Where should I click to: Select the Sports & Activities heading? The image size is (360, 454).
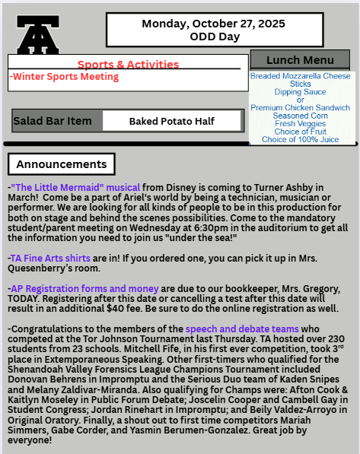coord(128,65)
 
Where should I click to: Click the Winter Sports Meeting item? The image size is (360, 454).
coord(65,77)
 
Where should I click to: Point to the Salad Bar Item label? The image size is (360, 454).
coord(53,121)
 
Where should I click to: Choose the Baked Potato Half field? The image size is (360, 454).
coord(172,121)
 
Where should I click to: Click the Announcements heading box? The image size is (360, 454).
coord(62,164)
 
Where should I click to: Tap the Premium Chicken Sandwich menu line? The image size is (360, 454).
coord(301,108)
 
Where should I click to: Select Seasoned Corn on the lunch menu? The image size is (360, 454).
coord(301,116)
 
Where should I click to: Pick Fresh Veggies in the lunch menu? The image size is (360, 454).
coord(301,124)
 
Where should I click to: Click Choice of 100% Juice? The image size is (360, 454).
coord(301,140)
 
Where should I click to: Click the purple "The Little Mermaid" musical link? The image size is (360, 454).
coord(75,187)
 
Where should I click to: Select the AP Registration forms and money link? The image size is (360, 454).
coord(84,289)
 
